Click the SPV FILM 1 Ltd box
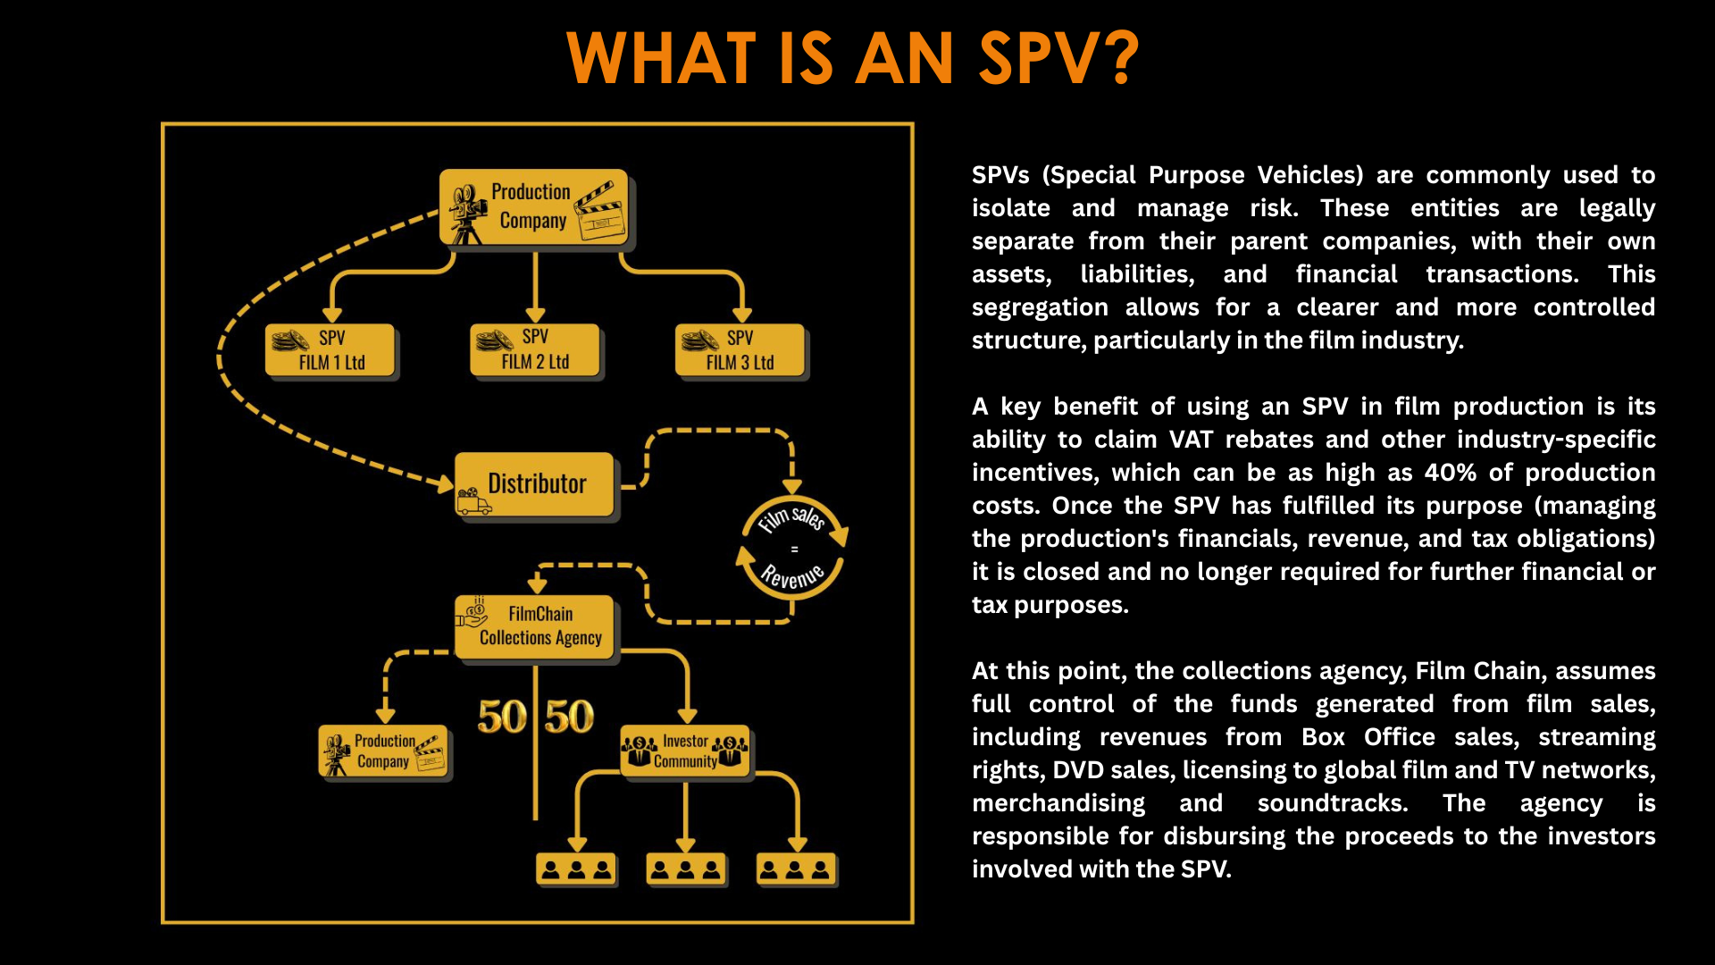pos(330,350)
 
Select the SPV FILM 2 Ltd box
pos(534,349)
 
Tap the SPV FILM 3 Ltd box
pos(740,350)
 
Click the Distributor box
pos(535,484)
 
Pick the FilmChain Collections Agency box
pos(534,626)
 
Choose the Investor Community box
pos(684,751)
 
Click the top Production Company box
pos(533,206)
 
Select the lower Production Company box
pos(383,751)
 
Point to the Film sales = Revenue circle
pos(792,548)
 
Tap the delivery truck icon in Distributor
pos(473,502)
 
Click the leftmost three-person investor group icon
pos(576,868)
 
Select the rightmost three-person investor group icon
pos(796,868)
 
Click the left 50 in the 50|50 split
pos(502,717)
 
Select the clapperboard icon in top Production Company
pos(600,212)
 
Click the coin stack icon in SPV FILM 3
pos(699,340)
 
